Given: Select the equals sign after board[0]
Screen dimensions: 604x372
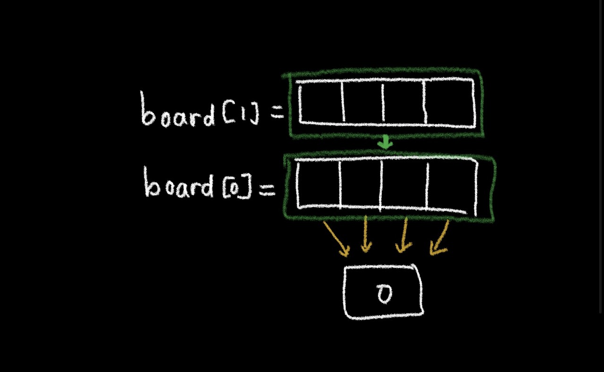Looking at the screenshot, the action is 267,189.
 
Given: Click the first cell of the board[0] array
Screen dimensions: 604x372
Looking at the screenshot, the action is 319,183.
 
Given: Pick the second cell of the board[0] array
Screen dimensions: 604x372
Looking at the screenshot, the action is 360,183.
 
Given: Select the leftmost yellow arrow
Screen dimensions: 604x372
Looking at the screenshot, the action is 336,239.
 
